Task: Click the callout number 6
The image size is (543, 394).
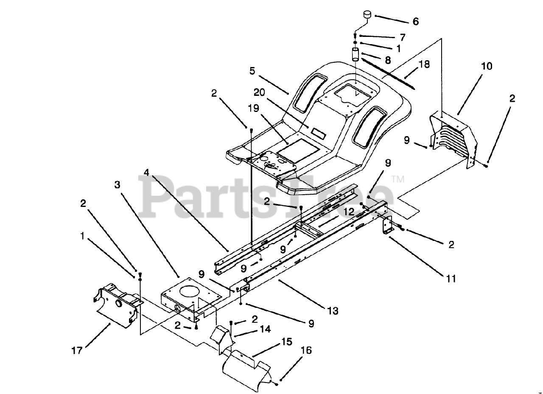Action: [x=415, y=21]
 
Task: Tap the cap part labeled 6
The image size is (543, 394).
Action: [x=366, y=16]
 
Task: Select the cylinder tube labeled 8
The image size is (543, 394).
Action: [x=355, y=55]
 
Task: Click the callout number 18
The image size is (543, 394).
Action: [x=424, y=64]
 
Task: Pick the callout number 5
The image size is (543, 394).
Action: [x=252, y=70]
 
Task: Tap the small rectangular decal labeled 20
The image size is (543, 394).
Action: [x=319, y=132]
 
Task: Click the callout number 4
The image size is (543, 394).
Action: [x=146, y=173]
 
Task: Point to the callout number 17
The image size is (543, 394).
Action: [x=77, y=351]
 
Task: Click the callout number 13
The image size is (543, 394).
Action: [x=333, y=311]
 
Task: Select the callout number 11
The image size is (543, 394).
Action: [x=451, y=279]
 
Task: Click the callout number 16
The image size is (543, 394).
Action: [x=306, y=350]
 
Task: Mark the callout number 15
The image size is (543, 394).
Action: [x=287, y=341]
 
